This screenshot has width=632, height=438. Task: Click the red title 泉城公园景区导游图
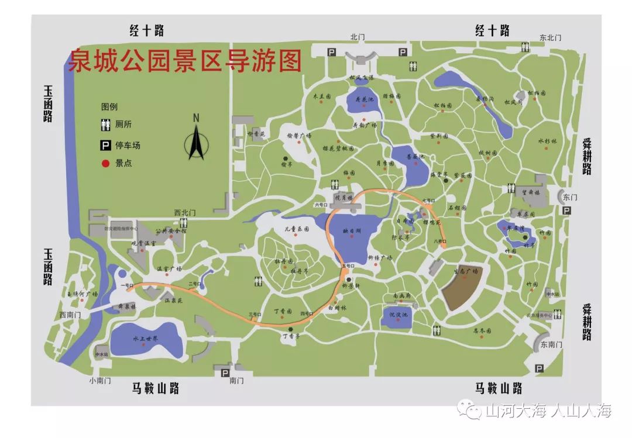(x=185, y=60)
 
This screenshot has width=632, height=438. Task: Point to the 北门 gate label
(x=358, y=37)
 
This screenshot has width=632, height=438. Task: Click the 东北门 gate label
(x=550, y=37)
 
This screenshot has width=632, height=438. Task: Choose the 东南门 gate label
(x=551, y=344)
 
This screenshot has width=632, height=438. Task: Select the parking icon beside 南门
(x=224, y=370)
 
